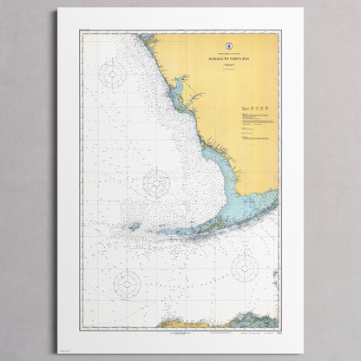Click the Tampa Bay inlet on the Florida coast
coord(179,87)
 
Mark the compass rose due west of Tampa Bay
coord(113,74)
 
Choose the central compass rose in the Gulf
coord(156,182)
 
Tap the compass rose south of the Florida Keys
coord(246,267)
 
